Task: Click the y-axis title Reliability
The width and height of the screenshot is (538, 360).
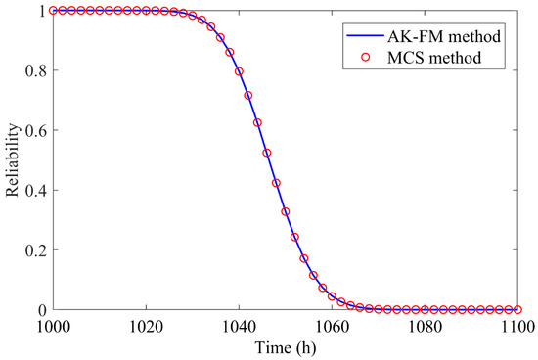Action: coord(13,159)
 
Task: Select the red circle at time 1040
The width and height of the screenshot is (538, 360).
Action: coord(239,71)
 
